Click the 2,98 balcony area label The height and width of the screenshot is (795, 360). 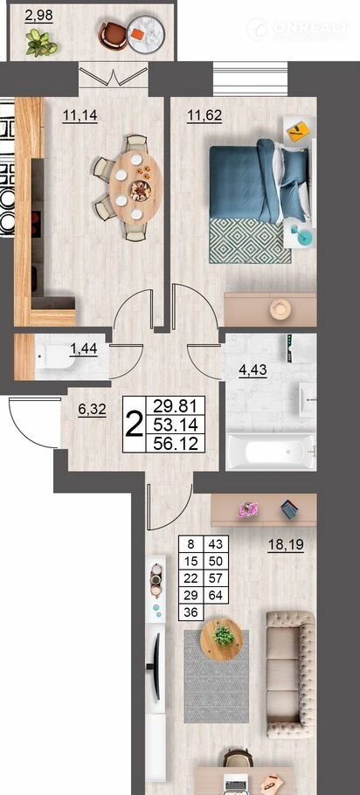(x=38, y=15)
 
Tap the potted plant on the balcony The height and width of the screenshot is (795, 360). (x=41, y=43)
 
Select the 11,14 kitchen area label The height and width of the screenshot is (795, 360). (x=80, y=116)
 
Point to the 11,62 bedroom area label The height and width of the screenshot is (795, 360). (x=204, y=116)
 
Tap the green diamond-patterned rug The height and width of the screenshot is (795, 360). (x=250, y=240)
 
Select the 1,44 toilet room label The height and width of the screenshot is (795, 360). (x=83, y=349)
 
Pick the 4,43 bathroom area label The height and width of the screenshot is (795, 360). (x=253, y=370)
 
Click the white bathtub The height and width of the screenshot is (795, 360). (x=271, y=452)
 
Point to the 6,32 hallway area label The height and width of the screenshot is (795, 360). (x=93, y=410)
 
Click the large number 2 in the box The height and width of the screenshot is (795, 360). (x=134, y=425)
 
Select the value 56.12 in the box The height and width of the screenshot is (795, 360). (x=176, y=443)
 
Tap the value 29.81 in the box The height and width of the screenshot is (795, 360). (x=176, y=405)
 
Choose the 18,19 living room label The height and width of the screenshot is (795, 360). (x=286, y=545)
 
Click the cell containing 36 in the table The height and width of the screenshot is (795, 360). (x=190, y=612)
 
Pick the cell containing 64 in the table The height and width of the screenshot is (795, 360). (x=216, y=595)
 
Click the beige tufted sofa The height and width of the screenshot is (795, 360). (x=291, y=674)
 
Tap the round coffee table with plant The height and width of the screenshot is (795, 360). (x=222, y=639)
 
